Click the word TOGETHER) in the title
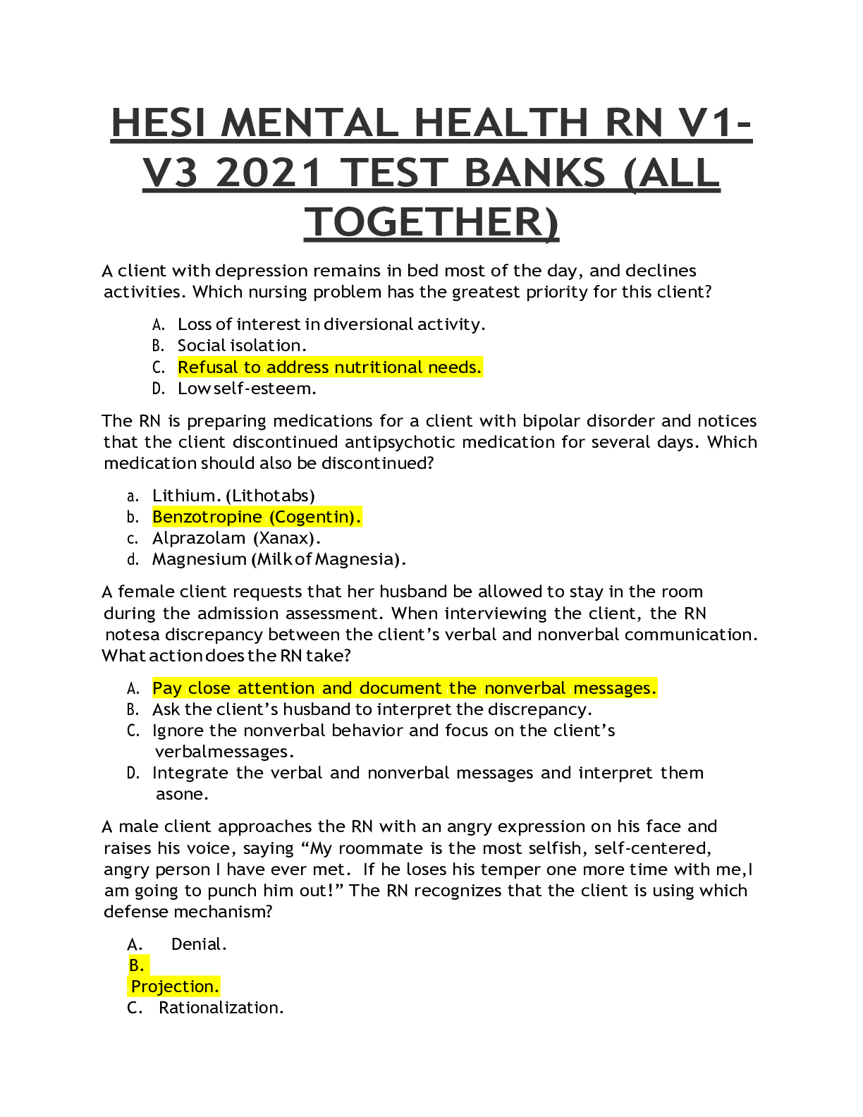click(432, 223)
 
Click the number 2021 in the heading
click(269, 173)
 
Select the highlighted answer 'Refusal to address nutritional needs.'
click(330, 367)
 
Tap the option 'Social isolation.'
click(242, 346)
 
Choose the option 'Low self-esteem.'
click(247, 389)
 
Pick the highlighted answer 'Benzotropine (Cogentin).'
click(257, 517)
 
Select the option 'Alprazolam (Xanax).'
click(236, 538)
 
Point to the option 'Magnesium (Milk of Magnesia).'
click(279, 559)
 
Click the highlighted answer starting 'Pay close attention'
click(405, 688)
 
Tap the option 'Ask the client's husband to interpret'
click(372, 710)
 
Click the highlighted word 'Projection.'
click(174, 987)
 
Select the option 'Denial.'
click(199, 944)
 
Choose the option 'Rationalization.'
click(221, 1008)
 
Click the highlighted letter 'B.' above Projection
click(137, 965)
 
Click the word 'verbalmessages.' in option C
click(224, 752)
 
